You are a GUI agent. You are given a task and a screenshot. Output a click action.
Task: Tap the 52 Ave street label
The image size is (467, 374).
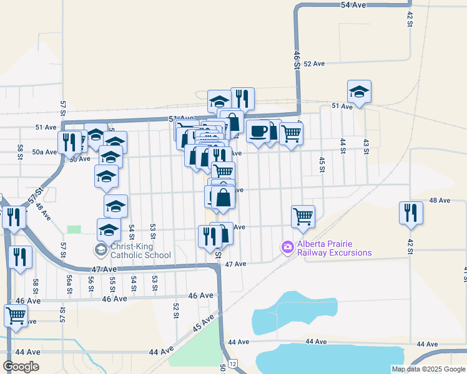[314, 64]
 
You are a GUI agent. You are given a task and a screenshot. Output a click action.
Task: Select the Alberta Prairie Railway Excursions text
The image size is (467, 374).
[334, 248]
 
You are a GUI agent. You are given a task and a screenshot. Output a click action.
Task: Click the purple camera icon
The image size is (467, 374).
[287, 247]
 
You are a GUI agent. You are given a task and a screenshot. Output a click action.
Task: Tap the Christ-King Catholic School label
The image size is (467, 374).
[140, 251]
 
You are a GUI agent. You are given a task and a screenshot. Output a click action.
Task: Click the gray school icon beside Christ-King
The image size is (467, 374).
[100, 250]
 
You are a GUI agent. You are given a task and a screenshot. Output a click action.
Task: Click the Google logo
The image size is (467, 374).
[21, 367]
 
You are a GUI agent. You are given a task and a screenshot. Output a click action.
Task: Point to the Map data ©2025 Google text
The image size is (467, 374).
[428, 369]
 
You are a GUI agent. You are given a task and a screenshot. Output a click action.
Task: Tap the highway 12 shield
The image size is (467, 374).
[232, 363]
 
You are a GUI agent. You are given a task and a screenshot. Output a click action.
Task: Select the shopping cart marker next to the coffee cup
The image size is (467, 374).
[291, 132]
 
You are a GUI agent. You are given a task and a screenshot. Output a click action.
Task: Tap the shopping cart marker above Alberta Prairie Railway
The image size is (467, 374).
[303, 216]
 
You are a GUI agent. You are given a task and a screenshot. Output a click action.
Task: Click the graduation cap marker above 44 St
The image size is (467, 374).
[359, 91]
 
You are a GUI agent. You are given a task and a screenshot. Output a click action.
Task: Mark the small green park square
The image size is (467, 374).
[74, 229]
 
